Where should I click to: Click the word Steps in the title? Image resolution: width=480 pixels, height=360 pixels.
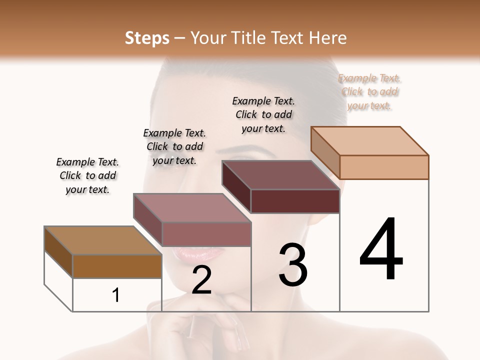click(x=147, y=38)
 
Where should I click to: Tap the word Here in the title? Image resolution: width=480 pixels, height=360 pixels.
click(x=327, y=38)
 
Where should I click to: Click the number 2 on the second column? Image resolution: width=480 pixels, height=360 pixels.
click(x=201, y=280)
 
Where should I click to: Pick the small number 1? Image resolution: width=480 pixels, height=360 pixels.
click(x=116, y=295)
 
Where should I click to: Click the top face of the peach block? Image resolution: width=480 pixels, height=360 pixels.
click(x=369, y=140)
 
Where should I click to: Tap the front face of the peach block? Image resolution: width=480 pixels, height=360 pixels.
click(x=384, y=167)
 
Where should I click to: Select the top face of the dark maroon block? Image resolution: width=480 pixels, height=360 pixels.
click(x=280, y=174)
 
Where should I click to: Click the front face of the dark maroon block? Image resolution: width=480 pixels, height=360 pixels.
click(x=295, y=201)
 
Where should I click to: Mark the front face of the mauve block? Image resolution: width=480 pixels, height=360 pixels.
click(x=206, y=234)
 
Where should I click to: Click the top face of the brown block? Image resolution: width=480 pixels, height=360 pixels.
click(x=102, y=240)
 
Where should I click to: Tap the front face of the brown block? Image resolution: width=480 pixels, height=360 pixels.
click(x=117, y=266)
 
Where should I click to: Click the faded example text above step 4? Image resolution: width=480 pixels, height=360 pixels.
click(x=369, y=92)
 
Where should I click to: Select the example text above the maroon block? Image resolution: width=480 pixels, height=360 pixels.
click(x=263, y=114)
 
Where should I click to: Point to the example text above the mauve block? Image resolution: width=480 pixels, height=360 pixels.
click(x=174, y=146)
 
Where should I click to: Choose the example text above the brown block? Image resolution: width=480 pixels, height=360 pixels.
click(x=87, y=175)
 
